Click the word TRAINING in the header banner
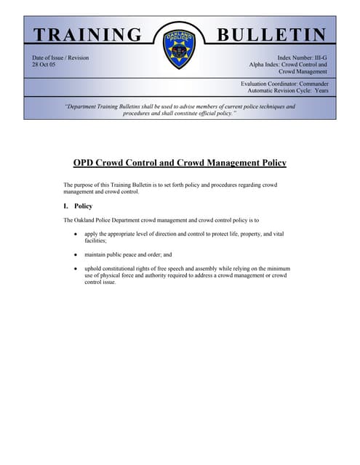click(88, 35)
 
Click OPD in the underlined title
click(87, 163)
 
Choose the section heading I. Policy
click(79, 206)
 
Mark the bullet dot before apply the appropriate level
click(76, 235)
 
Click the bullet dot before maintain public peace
click(76, 255)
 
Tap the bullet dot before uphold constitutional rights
click(76, 269)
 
